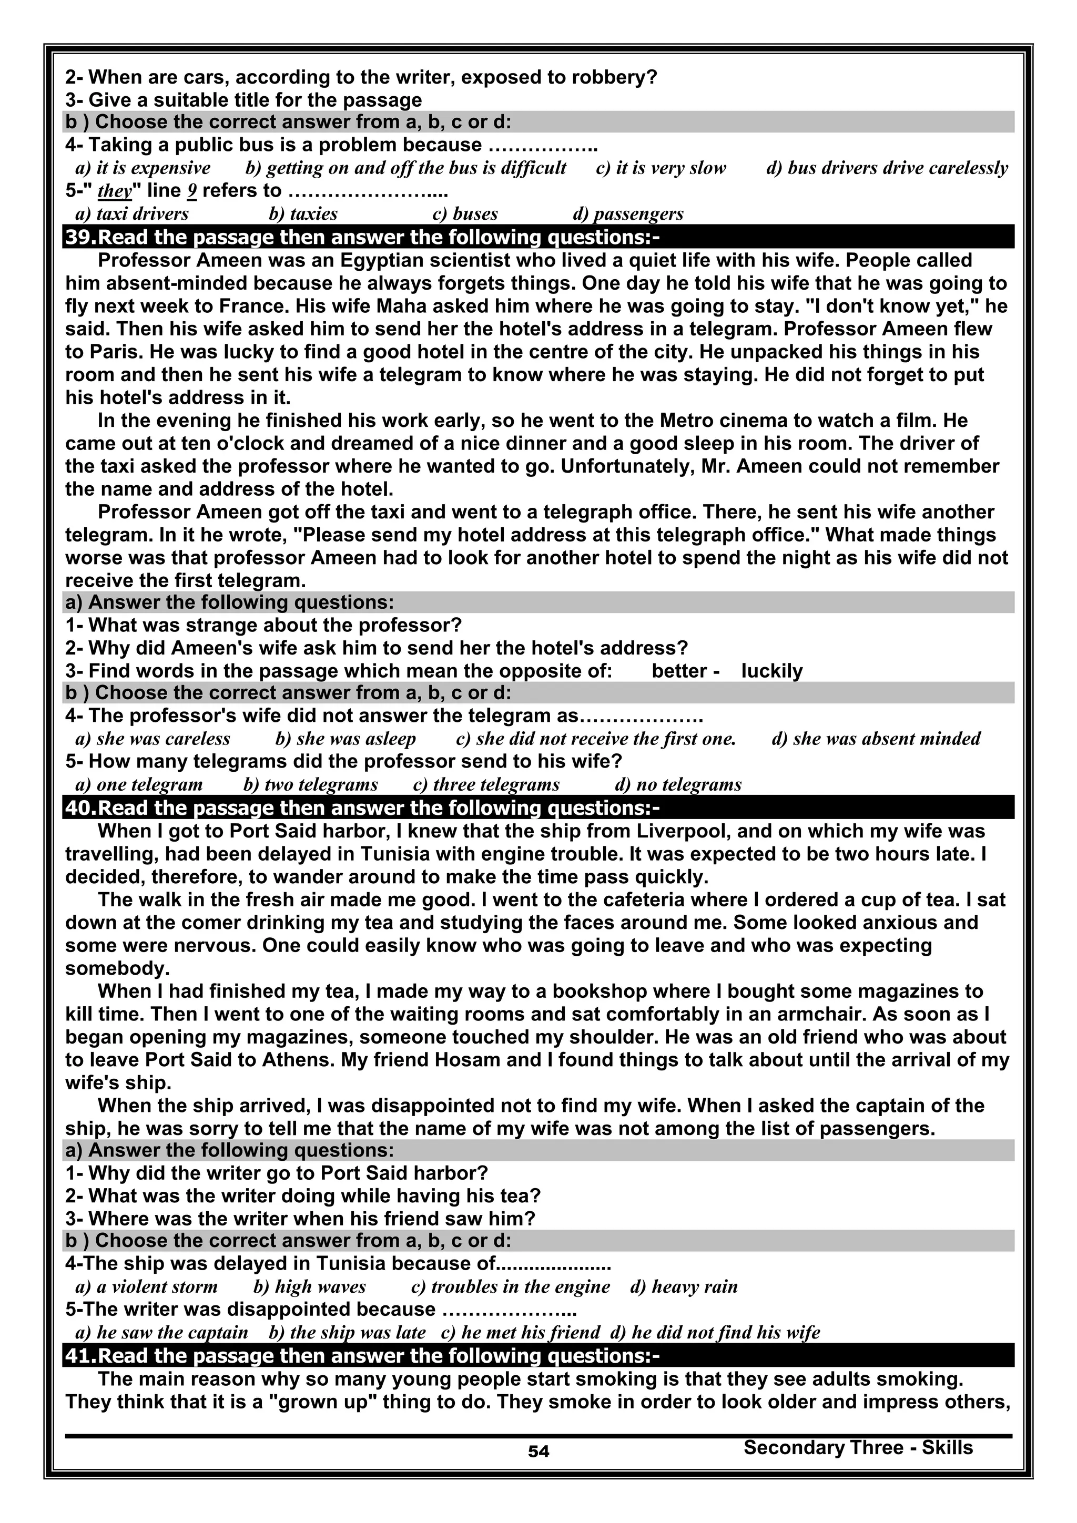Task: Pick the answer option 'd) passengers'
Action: click(628, 213)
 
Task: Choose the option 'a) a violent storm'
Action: click(147, 1286)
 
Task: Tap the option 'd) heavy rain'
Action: click(684, 1286)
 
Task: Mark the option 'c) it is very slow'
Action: click(661, 168)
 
